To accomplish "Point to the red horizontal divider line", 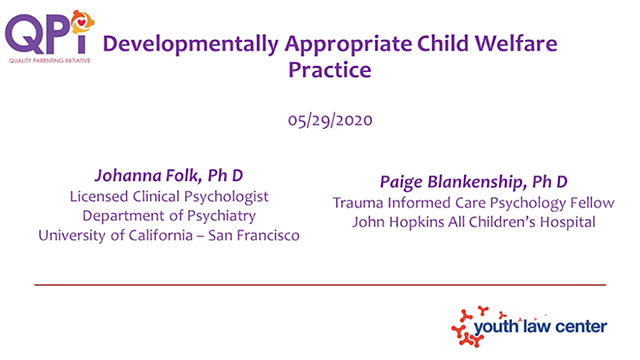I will coord(320,285).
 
